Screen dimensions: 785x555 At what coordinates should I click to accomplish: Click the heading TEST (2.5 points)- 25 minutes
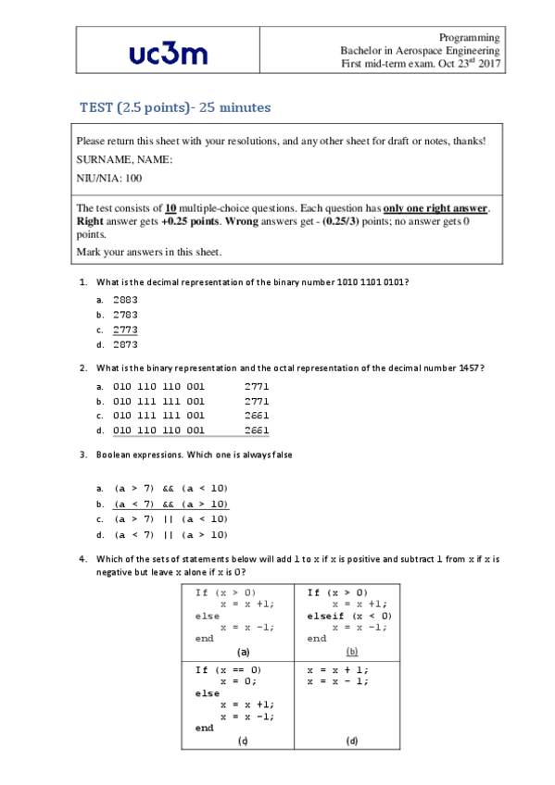(174, 108)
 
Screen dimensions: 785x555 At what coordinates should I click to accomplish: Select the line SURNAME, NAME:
(124, 159)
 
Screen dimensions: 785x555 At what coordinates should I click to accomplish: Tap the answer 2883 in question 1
(125, 300)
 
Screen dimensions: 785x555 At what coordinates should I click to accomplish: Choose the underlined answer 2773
(125, 330)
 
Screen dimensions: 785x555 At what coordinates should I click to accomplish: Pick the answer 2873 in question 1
(125, 344)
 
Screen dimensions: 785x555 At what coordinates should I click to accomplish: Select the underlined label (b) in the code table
(352, 651)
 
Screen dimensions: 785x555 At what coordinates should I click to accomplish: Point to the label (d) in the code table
(352, 741)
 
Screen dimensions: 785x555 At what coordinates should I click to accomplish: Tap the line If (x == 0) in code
(228, 669)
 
